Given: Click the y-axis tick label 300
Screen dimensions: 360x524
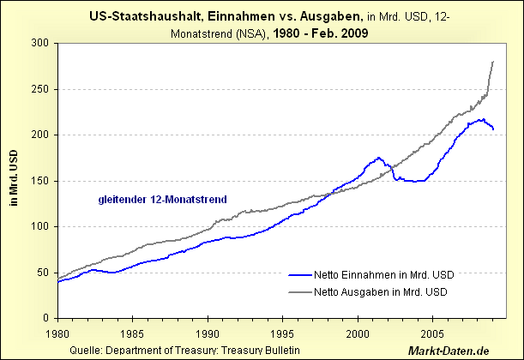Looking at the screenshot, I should click(39, 43).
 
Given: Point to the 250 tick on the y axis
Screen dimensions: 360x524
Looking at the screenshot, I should click(39, 89).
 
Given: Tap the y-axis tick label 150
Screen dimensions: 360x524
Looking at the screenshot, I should click(39, 181).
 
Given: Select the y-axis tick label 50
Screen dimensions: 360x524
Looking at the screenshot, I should click(41, 273).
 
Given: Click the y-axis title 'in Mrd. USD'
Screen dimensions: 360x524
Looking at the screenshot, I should click(13, 181).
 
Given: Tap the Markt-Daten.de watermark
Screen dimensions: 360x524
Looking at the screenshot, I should click(473, 351).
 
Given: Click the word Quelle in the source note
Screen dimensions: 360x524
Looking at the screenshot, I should click(81, 351).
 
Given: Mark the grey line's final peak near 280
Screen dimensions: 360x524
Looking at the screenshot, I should click(492, 62).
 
